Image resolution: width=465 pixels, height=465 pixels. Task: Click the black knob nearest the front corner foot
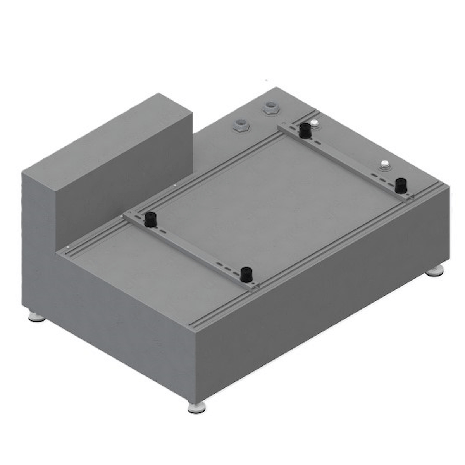(x=245, y=274)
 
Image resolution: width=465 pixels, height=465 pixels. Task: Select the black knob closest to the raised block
(x=149, y=219)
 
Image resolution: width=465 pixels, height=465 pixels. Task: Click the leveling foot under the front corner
(x=196, y=407)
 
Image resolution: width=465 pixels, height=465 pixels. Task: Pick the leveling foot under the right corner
(x=435, y=271)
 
